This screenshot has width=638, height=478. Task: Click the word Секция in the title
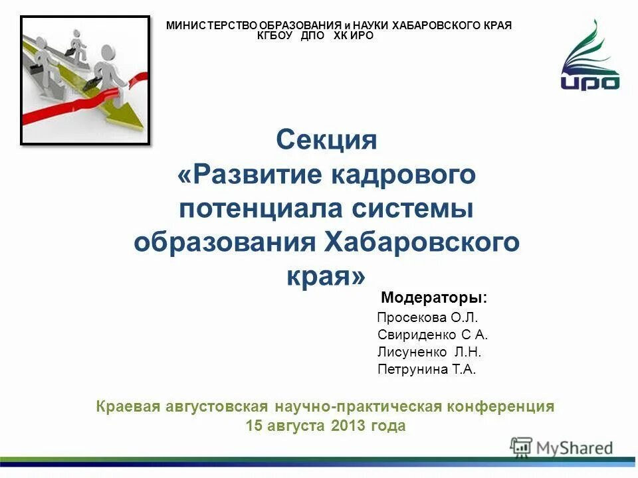326,140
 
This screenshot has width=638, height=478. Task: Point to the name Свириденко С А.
432,335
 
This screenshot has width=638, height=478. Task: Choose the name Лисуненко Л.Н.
429,352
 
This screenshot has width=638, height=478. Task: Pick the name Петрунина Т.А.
427,369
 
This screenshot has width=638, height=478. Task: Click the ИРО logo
589,56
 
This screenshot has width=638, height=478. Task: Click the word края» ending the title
326,275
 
